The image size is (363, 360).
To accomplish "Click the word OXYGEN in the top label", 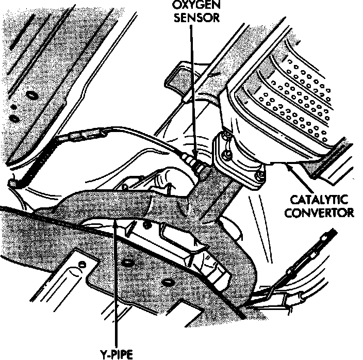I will tap(191, 6).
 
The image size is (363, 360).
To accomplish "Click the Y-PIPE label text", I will tap(116, 354).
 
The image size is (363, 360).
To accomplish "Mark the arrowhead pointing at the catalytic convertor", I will tap(289, 166).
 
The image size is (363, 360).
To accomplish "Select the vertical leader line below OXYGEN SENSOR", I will tap(192, 88).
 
